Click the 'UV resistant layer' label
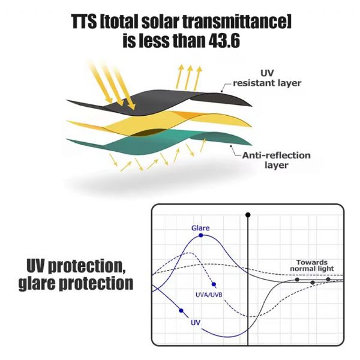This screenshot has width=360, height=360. (264, 77)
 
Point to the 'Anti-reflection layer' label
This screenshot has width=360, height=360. (276, 160)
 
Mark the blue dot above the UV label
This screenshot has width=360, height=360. (181, 310)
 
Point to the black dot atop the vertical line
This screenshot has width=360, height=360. (248, 214)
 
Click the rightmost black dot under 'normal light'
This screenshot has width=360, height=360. (328, 280)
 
